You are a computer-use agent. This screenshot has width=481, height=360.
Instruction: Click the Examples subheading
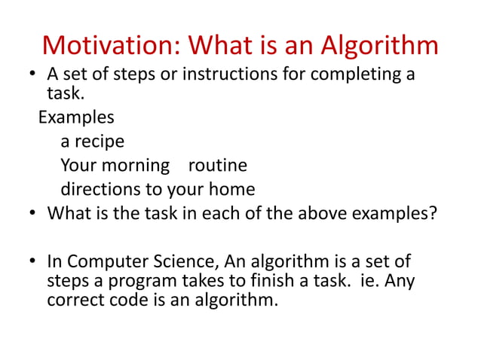(76, 117)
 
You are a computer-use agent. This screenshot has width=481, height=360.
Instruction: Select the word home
(229, 188)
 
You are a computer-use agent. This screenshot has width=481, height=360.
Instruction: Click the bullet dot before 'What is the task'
(34, 213)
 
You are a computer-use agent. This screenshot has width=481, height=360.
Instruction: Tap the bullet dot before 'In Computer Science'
(34, 263)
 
